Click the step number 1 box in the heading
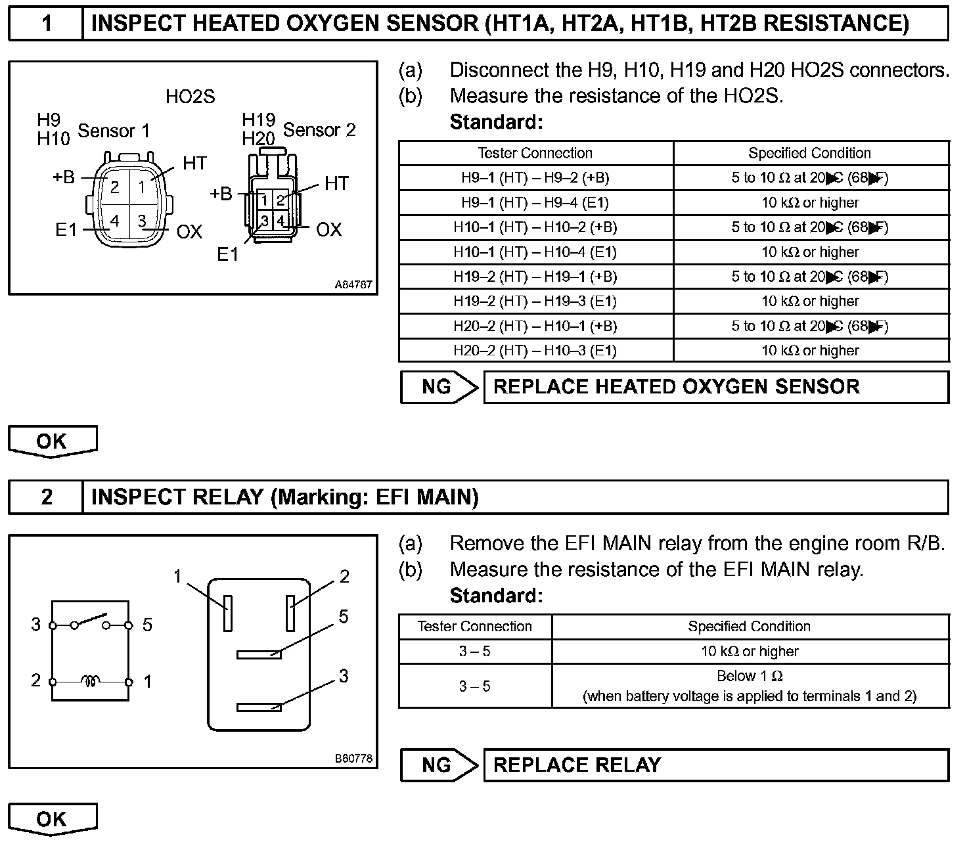46,24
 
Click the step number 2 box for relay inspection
46,497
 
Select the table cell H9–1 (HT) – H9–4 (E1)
535,203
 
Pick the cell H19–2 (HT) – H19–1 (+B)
535,277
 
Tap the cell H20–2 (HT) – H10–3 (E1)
535,351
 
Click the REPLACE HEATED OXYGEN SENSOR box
716,387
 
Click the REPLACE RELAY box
716,765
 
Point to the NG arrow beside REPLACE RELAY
439,765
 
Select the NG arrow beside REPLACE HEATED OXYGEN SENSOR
439,387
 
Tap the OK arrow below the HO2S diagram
52,441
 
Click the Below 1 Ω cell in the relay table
750,686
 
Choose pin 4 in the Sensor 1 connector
115,221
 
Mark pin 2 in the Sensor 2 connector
281,200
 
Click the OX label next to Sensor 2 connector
329,229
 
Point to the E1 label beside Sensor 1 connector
66,230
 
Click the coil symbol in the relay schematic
91,682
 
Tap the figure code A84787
353,285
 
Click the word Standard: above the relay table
496,596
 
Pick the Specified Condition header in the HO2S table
809,153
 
